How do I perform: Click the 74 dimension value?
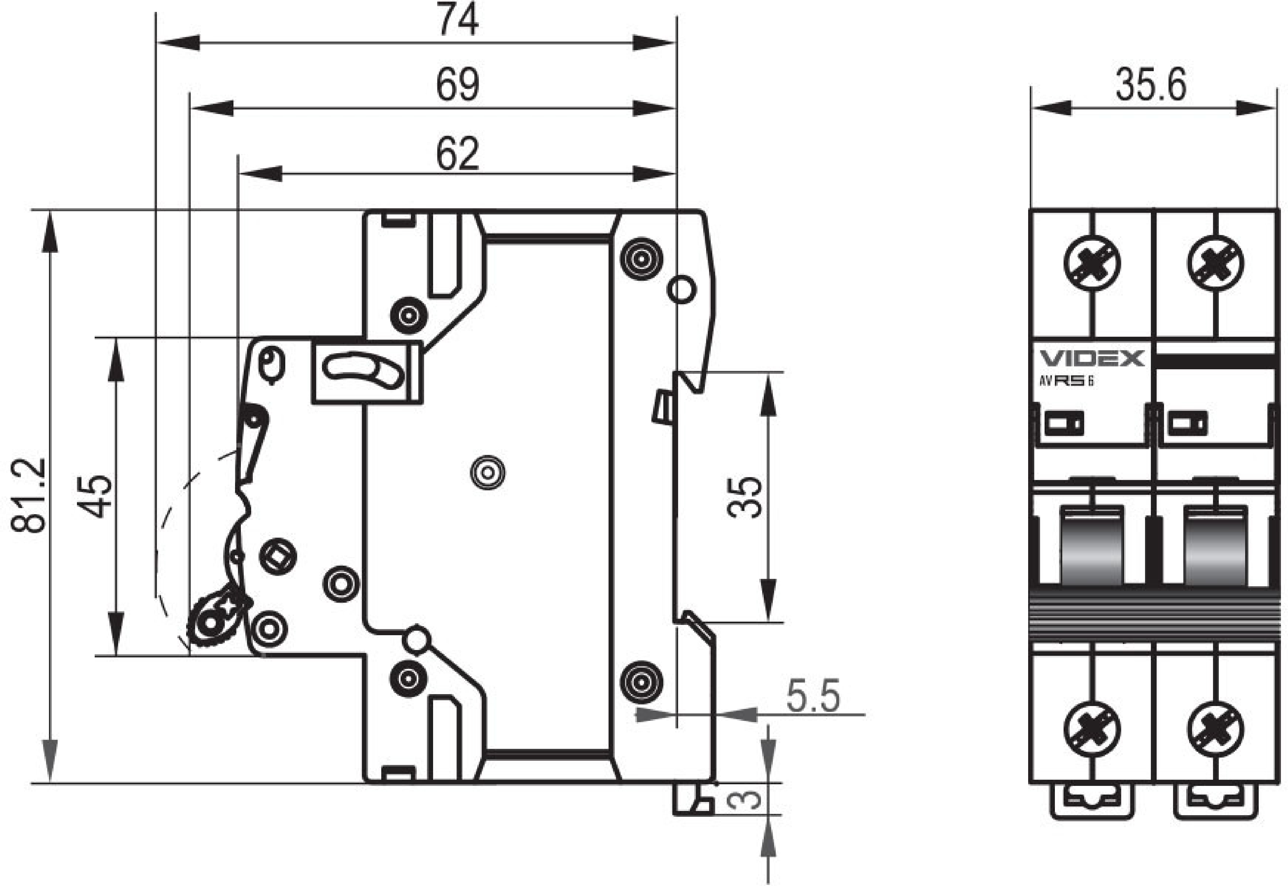(458, 19)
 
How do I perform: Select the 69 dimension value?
(458, 85)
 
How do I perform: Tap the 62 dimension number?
(458, 154)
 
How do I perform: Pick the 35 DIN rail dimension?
(744, 497)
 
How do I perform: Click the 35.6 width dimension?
(1151, 85)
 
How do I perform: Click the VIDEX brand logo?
(1092, 358)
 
